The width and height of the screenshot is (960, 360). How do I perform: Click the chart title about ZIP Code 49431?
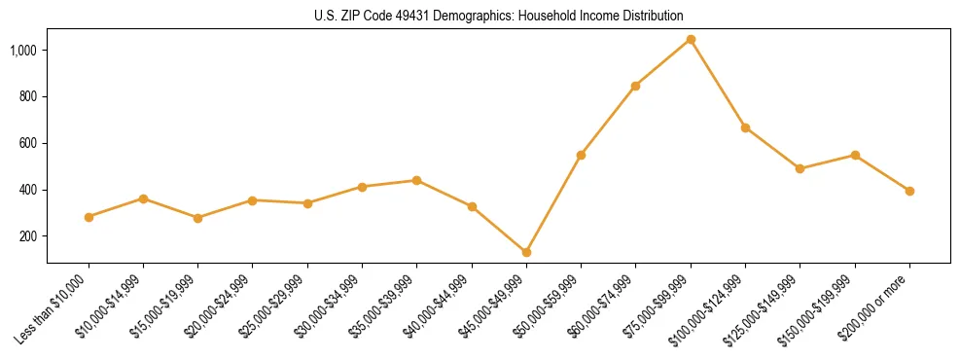498,16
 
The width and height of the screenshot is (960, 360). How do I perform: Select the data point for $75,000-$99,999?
691,39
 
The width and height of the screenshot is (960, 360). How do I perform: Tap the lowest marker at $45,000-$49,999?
526,252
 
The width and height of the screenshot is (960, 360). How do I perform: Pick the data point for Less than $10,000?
89,217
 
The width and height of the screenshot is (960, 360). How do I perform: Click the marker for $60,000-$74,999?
635,86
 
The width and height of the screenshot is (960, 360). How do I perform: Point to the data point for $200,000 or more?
909,191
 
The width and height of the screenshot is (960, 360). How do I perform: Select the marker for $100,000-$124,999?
745,127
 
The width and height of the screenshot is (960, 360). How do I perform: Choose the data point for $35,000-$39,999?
416,180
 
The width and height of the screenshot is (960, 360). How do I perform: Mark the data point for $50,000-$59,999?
581,155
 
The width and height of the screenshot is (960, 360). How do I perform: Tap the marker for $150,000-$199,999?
855,155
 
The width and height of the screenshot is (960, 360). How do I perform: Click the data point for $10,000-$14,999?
143,198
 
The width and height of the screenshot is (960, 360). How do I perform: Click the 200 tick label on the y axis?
27,236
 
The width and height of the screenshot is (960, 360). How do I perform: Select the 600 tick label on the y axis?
27,143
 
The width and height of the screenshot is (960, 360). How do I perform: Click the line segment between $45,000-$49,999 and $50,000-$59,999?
553,203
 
